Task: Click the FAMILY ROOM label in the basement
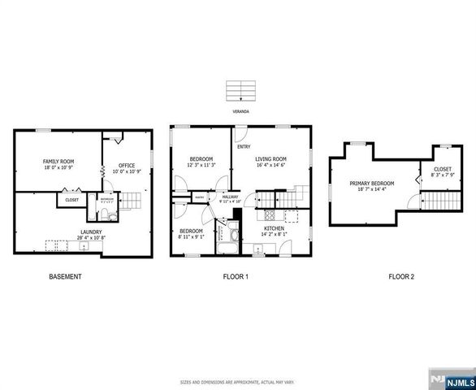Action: point(58,162)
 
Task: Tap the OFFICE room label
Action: point(127,166)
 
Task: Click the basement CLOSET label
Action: point(71,198)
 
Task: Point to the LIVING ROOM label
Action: point(271,158)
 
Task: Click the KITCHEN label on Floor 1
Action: point(274,229)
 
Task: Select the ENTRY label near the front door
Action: point(243,146)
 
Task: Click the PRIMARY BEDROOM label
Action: point(372,184)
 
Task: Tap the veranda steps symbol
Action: point(238,89)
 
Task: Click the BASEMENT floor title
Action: point(64,277)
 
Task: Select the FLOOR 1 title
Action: point(236,277)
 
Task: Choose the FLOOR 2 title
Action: point(400,277)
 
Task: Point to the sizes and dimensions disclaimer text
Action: point(238,380)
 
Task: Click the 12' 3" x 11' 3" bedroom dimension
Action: point(201,165)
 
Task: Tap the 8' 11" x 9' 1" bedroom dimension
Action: point(191,237)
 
